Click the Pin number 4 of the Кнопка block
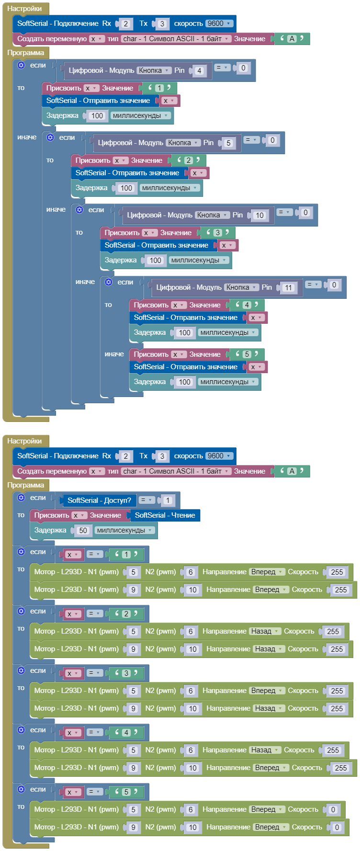tap(199, 71)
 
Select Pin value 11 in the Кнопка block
tap(288, 288)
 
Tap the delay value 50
tap(83, 531)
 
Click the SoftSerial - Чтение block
tap(165, 515)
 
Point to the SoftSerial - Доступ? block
tap(99, 500)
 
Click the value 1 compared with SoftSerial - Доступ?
tap(168, 500)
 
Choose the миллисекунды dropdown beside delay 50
tap(124, 531)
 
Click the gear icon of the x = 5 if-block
tap(21, 789)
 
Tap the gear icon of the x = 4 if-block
tap(21, 730)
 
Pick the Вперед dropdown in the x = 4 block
tap(271, 768)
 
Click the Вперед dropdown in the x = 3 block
tap(267, 691)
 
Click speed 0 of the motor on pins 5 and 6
tap(333, 810)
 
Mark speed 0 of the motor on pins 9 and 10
tap(337, 828)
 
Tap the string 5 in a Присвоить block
tap(247, 354)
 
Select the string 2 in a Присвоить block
tap(188, 160)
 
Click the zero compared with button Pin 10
tap(305, 213)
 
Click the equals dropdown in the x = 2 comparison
tap(95, 613)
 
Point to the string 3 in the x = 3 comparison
tap(126, 673)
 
